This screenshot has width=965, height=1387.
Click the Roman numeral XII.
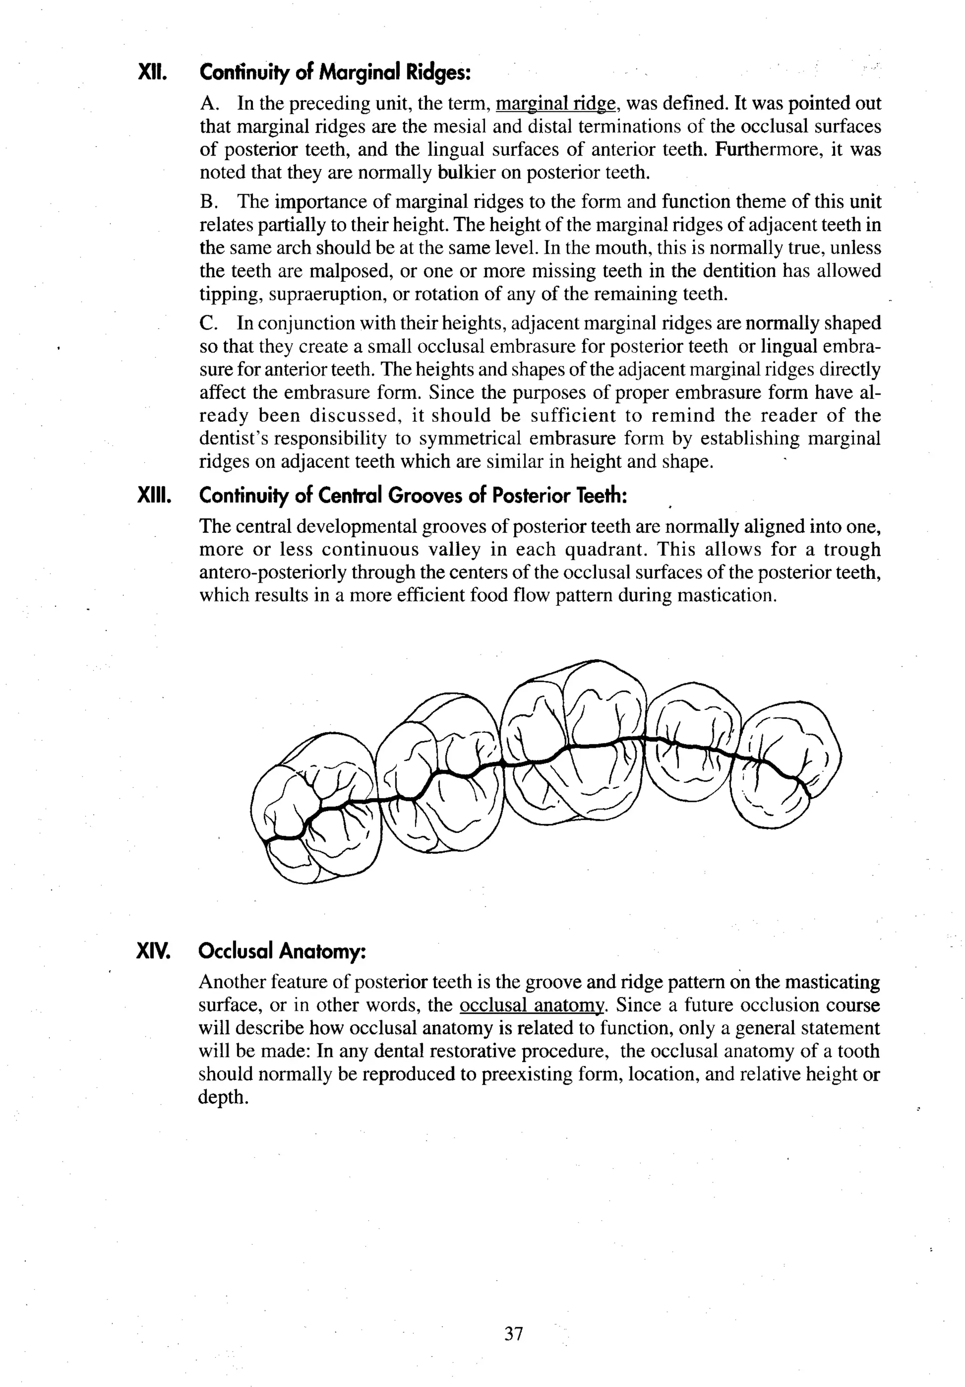click(152, 73)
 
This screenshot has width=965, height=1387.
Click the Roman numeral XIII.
click(155, 496)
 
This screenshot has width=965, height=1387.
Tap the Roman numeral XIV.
click(154, 951)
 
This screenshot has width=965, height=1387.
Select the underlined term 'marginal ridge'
click(556, 104)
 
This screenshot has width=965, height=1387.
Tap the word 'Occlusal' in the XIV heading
click(236, 951)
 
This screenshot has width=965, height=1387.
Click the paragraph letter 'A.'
click(210, 104)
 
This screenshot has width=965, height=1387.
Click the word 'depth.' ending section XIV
click(223, 1097)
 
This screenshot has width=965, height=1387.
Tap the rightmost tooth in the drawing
click(785, 764)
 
